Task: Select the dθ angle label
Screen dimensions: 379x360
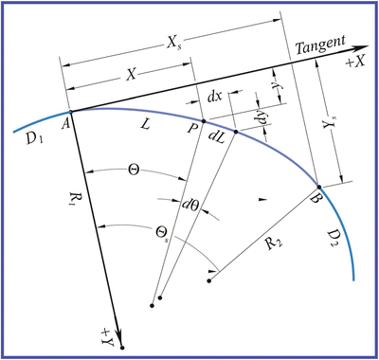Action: click(x=189, y=206)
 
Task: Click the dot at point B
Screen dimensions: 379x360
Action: click(x=318, y=186)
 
